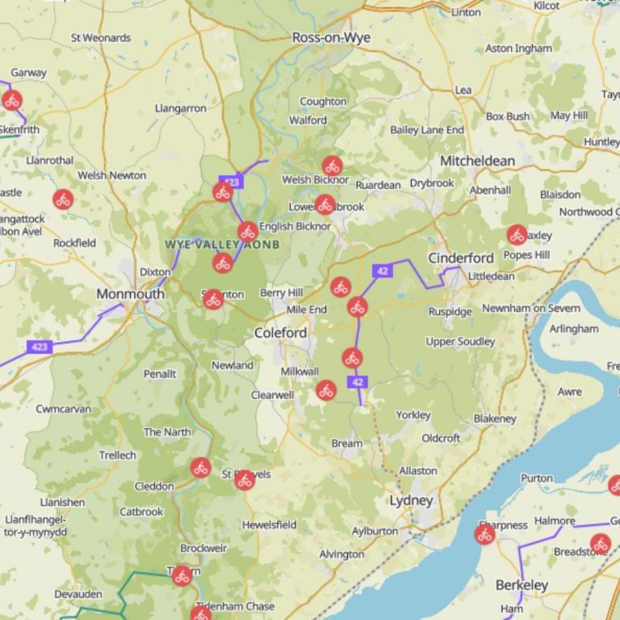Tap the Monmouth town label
[130, 294]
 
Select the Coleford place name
[280, 333]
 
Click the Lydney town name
[411, 501]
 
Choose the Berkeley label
[522, 585]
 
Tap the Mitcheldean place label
[476, 161]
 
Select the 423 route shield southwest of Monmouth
[38, 346]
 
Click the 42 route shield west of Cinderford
[382, 270]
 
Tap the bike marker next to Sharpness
[484, 534]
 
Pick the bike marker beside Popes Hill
[517, 235]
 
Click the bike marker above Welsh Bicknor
[332, 166]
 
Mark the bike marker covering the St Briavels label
[245, 480]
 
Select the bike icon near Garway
[11, 100]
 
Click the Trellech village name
[117, 455]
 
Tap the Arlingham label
[573, 329]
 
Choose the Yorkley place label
[413, 415]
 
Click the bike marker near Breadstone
[599, 544]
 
